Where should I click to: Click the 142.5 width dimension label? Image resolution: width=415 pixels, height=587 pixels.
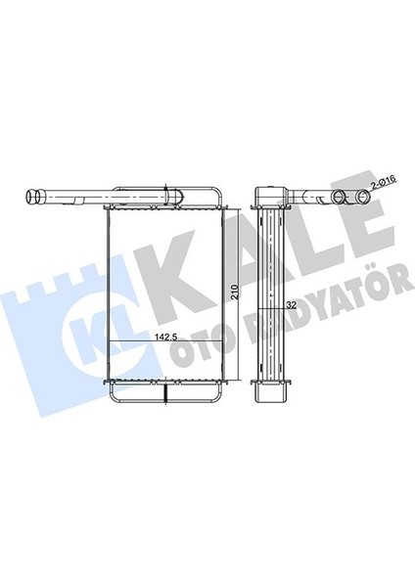pos(166,337)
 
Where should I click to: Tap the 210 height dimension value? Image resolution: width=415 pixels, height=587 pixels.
pos(235,292)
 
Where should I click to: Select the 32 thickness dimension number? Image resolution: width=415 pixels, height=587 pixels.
pos(291,305)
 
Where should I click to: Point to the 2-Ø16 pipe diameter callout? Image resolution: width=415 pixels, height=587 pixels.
pos(383,182)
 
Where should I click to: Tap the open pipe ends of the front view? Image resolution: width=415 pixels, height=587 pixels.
pos(33,196)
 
